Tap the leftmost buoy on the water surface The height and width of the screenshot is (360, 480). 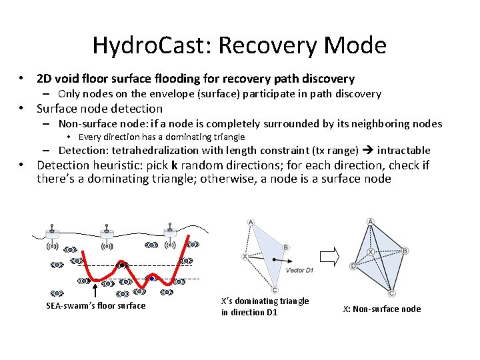point(53,234)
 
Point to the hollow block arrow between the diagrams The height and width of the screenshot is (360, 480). point(330,255)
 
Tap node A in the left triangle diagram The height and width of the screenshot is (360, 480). point(251,222)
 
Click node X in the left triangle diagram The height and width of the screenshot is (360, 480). point(245,256)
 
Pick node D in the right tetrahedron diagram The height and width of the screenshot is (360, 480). point(353,267)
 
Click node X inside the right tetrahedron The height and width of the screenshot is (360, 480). point(371,252)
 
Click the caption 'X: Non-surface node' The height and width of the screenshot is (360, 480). point(381,309)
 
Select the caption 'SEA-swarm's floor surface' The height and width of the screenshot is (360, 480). point(95,306)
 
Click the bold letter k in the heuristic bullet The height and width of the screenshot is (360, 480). point(174,165)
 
